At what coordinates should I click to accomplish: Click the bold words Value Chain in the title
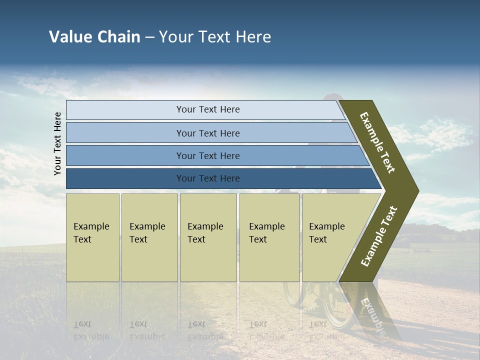coord(94,37)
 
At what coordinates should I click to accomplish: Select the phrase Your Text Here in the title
coord(215,37)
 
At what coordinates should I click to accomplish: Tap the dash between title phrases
coord(149,37)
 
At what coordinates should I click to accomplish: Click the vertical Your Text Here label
coord(57,143)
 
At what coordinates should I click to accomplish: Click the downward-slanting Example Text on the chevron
coord(377,142)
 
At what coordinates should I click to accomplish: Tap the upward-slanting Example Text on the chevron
coord(379,236)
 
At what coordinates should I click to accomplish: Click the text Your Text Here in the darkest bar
coord(208,178)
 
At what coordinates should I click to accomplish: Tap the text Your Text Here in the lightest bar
coord(208,109)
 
